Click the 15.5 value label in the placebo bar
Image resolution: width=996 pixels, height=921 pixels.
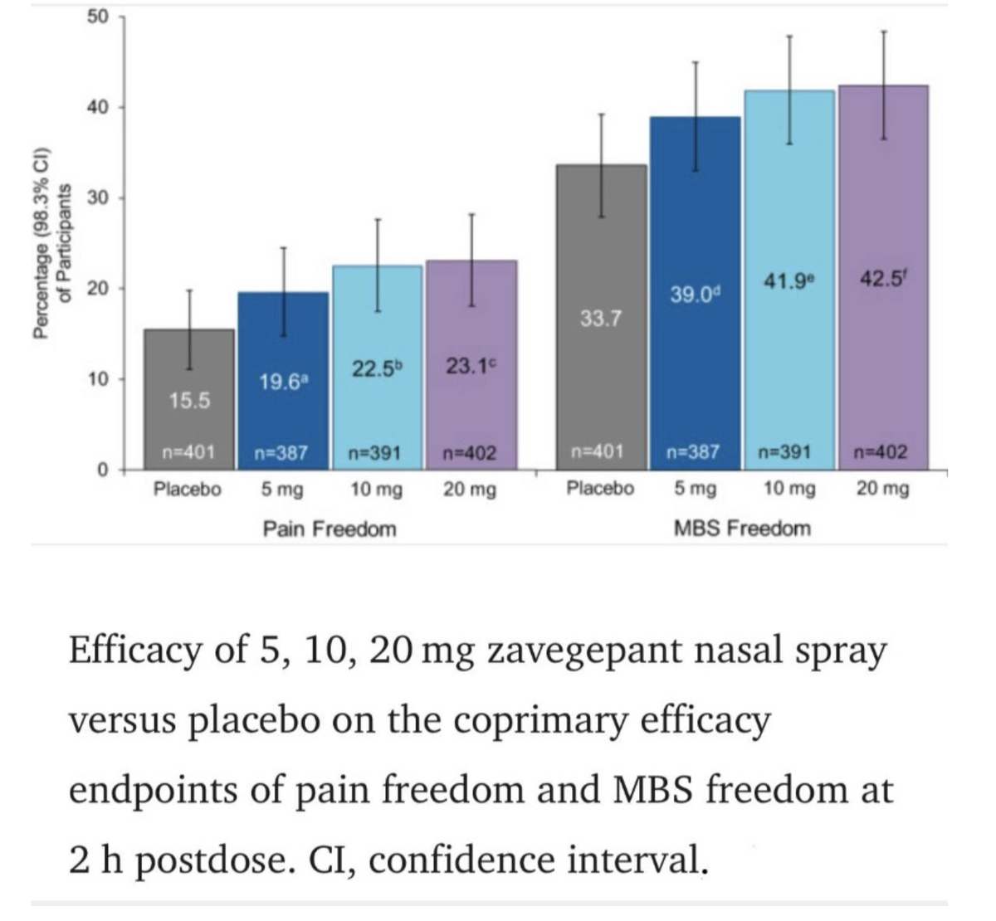pyautogui.click(x=189, y=401)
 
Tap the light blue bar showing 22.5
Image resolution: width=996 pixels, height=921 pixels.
pyautogui.click(x=377, y=407)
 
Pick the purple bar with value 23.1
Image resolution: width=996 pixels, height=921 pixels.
pyautogui.click(x=471, y=407)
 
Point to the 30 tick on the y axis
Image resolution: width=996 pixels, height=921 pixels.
pyautogui.click(x=100, y=198)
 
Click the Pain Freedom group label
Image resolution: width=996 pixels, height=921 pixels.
pyautogui.click(x=330, y=529)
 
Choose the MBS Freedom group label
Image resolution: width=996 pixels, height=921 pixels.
pyautogui.click(x=742, y=529)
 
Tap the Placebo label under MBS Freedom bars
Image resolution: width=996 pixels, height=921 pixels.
pyautogui.click(x=600, y=489)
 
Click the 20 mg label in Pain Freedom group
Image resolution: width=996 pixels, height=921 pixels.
pyautogui.click(x=470, y=490)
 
